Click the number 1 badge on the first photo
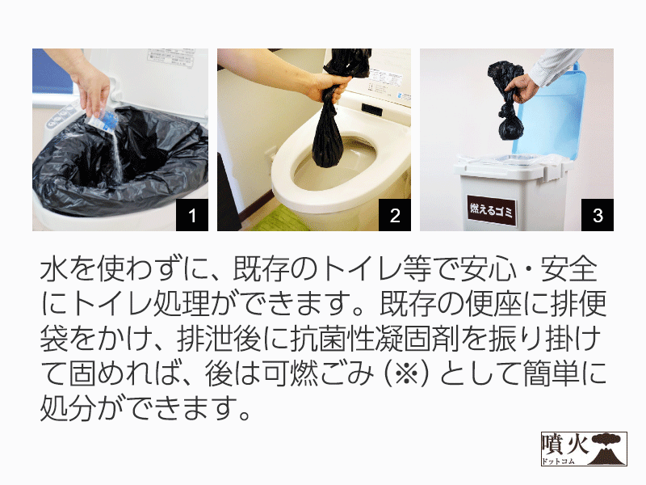192,215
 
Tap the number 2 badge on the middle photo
395,215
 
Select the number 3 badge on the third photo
598,215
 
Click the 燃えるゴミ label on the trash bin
491,210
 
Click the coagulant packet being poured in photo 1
102,122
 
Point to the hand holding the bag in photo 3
521,88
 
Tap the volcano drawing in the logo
607,449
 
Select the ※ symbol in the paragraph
406,374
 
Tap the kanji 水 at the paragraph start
54,269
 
